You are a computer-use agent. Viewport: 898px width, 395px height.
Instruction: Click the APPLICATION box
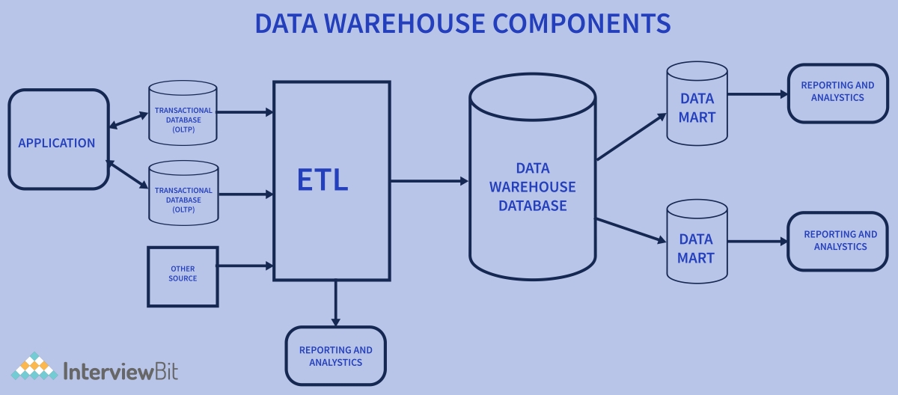click(58, 140)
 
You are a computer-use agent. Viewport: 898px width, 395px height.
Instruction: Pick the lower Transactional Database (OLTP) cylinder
click(183, 195)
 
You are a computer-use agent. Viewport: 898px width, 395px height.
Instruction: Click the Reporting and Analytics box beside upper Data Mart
click(837, 92)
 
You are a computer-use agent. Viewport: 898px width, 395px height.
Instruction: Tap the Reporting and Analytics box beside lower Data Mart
click(837, 241)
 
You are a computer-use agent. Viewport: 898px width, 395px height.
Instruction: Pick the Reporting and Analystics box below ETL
click(335, 356)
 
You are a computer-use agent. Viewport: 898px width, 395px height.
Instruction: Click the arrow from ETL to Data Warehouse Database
click(430, 181)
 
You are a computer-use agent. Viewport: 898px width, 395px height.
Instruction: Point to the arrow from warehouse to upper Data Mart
click(631, 137)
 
